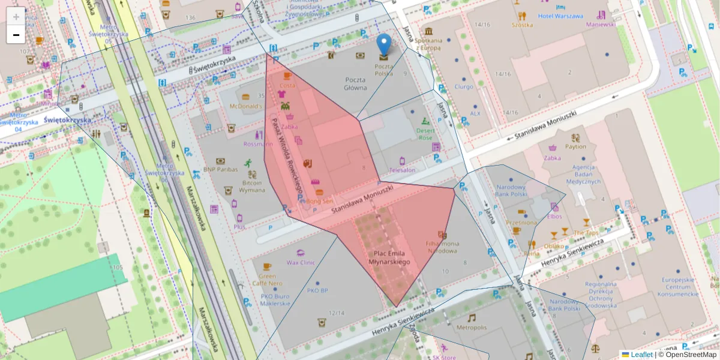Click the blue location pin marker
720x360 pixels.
[x=384, y=44]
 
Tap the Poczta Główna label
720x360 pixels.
[x=356, y=83]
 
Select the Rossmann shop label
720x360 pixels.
[x=258, y=144]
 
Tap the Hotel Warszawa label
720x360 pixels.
[x=561, y=16]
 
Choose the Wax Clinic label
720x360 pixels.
[x=301, y=262]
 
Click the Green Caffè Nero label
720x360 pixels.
[x=267, y=280]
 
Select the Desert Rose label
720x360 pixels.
[x=425, y=134]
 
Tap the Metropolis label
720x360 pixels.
[x=471, y=328]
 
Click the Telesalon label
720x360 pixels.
[x=402, y=170]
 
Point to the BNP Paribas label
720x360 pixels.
[x=220, y=169]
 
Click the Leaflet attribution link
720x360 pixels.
[x=641, y=355]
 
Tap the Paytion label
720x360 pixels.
[x=575, y=146]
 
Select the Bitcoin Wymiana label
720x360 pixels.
[x=252, y=186]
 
